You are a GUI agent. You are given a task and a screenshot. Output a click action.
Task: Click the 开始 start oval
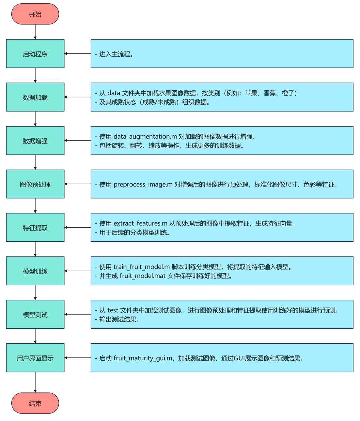35,14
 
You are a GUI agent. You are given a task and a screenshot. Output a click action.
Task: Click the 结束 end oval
35,403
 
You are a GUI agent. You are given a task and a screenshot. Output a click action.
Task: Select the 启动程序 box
35,54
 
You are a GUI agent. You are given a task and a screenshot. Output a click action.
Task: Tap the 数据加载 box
35,97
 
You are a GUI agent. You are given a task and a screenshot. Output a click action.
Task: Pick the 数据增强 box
35,141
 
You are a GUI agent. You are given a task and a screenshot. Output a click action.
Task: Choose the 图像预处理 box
35,184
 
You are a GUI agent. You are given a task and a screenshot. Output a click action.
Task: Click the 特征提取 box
35,228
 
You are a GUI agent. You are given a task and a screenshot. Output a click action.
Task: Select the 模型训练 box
35,271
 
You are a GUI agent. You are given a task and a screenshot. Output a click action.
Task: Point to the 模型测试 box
35,314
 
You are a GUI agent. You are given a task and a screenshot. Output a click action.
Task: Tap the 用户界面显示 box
35,358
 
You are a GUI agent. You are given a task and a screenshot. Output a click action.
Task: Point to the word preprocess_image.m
143,185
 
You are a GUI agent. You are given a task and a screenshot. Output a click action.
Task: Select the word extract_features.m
140,224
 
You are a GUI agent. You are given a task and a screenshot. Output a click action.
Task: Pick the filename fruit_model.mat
143,276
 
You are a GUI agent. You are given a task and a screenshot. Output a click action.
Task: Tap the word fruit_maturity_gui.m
143,358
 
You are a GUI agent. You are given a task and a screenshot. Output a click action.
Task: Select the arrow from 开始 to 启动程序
35,32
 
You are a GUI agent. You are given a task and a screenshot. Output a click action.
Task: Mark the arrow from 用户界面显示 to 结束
35,382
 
